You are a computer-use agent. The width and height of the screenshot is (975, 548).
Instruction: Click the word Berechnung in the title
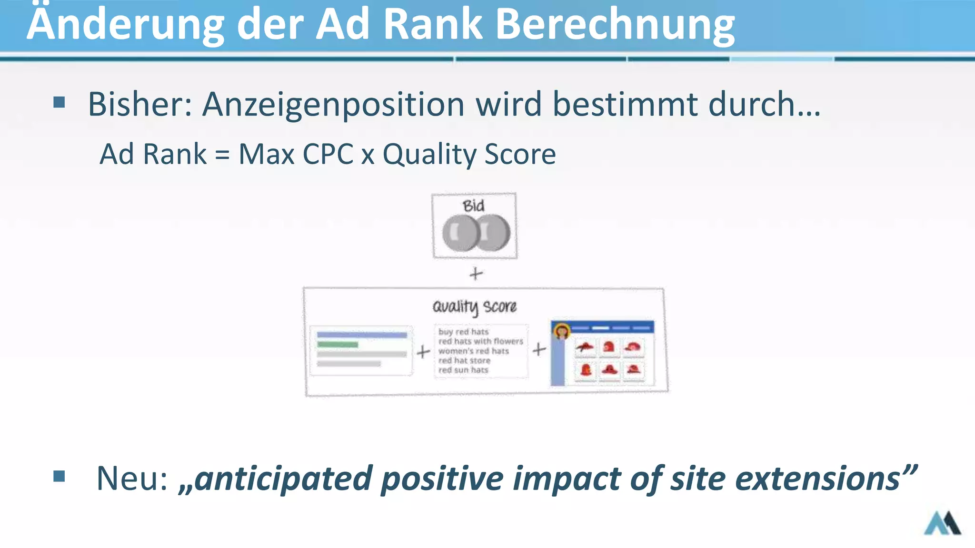[x=615, y=25]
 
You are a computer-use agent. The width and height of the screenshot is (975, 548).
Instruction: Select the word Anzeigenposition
[x=333, y=104]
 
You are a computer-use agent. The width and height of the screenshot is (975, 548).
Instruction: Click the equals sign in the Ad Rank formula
[x=222, y=155]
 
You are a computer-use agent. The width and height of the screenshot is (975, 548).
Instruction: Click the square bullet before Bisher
[x=59, y=102]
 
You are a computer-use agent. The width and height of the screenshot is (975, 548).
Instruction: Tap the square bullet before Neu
[x=59, y=476]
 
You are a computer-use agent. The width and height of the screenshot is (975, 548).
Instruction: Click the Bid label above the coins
[x=473, y=206]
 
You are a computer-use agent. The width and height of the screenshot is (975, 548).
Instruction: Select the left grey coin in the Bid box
[x=458, y=233]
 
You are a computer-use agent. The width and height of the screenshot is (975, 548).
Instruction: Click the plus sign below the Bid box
[x=476, y=274]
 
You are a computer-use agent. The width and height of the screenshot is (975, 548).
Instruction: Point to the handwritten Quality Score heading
[x=474, y=307]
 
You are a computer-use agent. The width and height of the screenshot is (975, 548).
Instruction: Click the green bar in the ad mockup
[x=338, y=344]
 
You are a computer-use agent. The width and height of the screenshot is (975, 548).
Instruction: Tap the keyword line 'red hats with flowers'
[x=480, y=341]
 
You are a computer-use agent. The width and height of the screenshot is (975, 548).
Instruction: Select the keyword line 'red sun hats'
[x=463, y=370]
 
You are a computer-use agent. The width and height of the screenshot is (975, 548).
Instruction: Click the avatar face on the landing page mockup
[x=562, y=331]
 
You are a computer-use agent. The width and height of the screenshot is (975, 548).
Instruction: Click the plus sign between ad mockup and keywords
[x=423, y=352]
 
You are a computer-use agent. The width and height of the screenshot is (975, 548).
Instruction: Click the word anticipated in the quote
[x=283, y=479]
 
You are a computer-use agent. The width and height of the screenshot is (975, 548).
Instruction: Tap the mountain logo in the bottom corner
[x=942, y=523]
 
